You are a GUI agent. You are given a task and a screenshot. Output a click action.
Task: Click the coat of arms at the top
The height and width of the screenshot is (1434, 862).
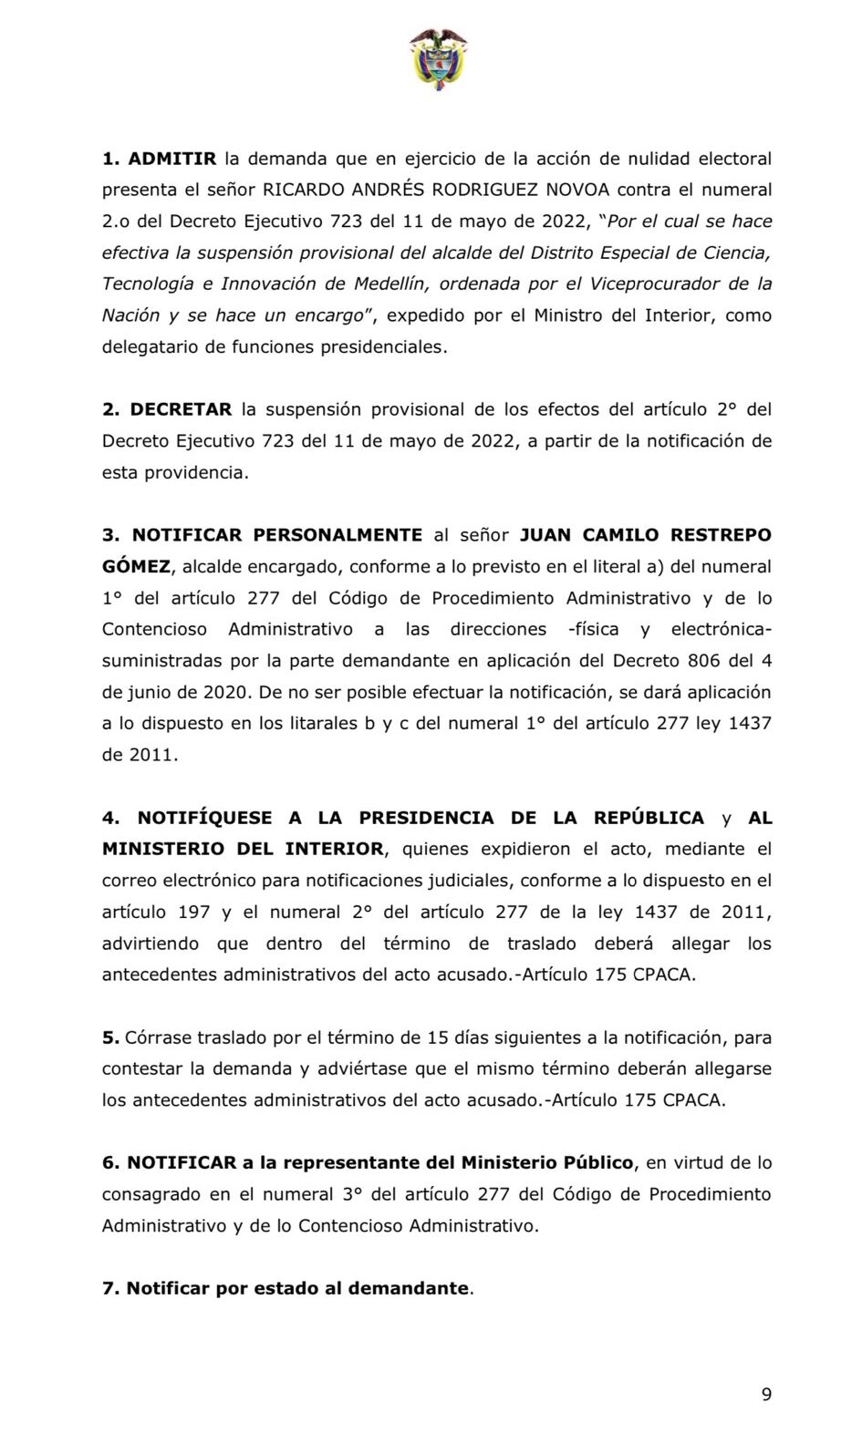(438, 57)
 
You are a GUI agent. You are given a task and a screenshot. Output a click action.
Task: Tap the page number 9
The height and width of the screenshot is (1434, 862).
(766, 1394)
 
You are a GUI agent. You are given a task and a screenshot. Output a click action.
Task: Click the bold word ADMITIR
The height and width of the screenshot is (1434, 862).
(172, 159)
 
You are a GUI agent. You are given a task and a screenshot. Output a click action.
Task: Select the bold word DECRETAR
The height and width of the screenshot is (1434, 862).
(181, 409)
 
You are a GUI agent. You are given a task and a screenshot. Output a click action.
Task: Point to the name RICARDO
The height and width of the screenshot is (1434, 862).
(306, 190)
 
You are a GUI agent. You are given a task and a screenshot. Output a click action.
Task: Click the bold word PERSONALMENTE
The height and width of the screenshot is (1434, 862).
(338, 535)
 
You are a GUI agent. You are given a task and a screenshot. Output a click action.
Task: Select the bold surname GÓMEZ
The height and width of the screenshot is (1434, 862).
(136, 566)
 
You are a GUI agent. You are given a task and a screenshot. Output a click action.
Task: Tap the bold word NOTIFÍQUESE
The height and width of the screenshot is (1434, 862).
(204, 818)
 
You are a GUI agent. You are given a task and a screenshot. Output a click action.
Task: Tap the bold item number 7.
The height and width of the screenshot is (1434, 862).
(109, 1288)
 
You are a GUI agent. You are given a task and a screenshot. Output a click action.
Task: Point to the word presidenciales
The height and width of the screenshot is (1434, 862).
(383, 346)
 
